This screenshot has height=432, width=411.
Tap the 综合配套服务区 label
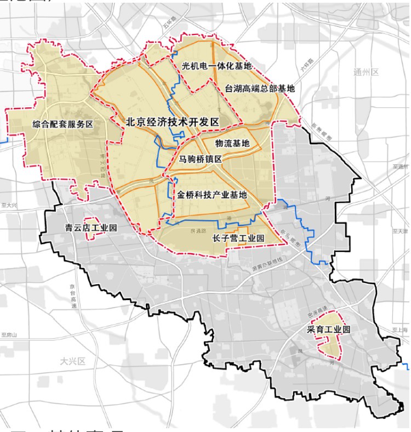click(62, 124)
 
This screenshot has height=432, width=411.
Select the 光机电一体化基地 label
click(216, 66)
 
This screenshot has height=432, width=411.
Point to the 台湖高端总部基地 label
click(260, 88)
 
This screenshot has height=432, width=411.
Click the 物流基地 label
click(232, 143)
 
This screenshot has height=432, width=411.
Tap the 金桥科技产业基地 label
click(212, 194)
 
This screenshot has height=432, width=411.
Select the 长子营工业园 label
click(238, 239)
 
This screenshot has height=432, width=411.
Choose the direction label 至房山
click(9, 335)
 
